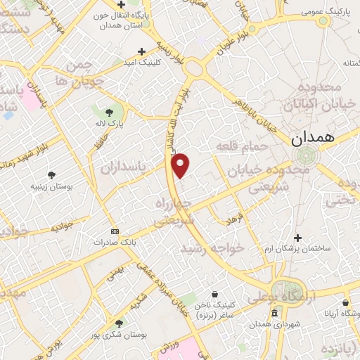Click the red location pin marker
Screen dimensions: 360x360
pos(181,164)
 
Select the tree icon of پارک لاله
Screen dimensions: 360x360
pos(109,111)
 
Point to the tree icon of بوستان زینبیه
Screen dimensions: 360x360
pos(51,174)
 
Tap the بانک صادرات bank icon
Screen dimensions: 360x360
pos(115,231)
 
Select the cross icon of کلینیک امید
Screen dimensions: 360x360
pos(142,51)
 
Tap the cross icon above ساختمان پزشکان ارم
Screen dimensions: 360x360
pos(298,238)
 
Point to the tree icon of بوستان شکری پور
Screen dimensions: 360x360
pos(119,323)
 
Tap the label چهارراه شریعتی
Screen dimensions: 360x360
pos(173,211)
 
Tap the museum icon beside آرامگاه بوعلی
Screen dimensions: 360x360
pos(274,312)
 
